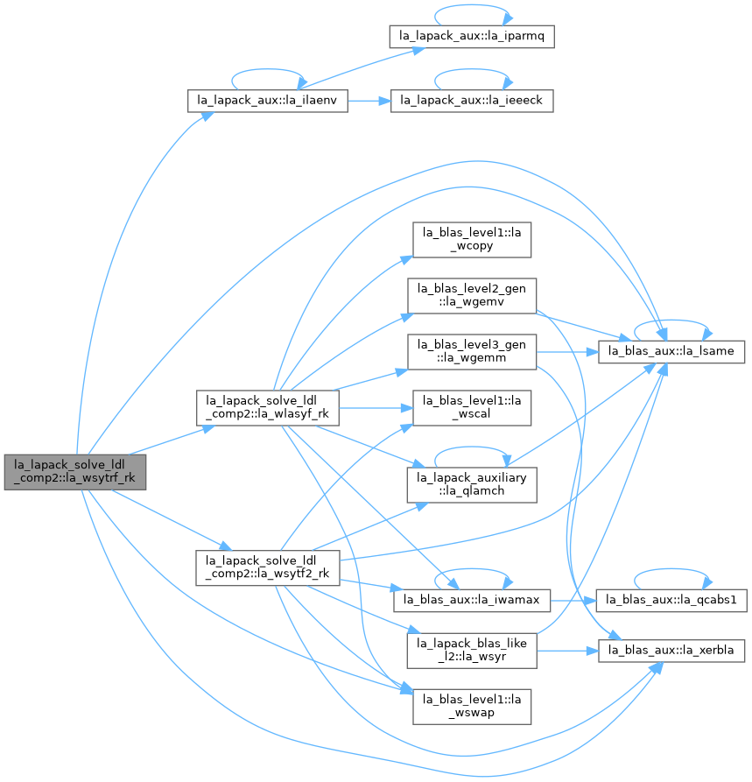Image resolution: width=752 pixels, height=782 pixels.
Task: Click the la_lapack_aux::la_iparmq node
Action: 472,37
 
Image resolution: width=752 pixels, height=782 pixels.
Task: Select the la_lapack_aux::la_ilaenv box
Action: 267,101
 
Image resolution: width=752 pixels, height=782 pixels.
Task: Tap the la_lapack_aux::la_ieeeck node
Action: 472,101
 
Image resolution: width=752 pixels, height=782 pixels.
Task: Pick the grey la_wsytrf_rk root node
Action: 74,472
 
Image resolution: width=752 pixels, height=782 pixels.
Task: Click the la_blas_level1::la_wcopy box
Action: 472,240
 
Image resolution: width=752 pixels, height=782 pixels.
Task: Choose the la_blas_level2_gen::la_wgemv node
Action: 472,296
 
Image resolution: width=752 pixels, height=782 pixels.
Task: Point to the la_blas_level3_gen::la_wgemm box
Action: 472,352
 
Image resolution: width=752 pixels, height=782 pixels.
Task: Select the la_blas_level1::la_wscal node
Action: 472,408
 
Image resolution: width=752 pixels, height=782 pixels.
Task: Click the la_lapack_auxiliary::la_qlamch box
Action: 472,485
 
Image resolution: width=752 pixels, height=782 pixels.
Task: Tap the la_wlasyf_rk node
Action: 267,408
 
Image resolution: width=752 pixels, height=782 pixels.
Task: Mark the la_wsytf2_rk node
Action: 267,568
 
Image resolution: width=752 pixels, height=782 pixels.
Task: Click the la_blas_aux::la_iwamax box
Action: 472,600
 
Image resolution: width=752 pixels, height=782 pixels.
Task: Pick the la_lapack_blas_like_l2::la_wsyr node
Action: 472,651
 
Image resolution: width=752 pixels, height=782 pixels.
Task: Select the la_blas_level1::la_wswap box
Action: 472,707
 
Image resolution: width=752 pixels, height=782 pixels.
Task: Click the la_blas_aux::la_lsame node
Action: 671,352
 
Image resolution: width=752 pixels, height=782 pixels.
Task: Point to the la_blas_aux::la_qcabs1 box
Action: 671,600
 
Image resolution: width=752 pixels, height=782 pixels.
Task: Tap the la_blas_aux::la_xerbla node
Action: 671,651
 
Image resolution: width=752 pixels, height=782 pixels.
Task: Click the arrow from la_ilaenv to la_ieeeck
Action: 369,102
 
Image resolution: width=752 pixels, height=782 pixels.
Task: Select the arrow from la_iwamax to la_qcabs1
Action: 573,601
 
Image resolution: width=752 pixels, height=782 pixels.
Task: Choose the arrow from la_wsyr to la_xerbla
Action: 567,652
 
